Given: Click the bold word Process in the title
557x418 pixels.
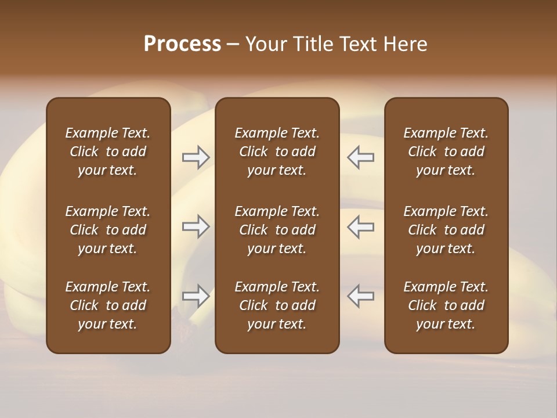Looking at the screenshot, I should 182,44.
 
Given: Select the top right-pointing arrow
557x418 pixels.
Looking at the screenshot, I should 196,157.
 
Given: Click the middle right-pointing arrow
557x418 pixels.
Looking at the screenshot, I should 196,226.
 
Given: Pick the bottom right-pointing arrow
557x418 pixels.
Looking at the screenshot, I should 196,296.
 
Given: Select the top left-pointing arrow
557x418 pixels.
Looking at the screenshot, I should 361,157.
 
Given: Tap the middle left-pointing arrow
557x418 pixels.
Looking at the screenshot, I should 361,226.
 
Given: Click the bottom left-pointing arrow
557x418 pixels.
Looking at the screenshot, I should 361,296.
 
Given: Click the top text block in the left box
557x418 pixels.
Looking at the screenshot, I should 108,152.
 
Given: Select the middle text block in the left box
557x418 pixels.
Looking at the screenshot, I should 108,230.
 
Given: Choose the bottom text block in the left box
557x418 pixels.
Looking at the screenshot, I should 108,305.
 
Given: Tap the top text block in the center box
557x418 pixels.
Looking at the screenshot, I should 277,152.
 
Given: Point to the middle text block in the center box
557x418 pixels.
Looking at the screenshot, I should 277,230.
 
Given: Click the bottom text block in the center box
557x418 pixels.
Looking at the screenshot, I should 277,305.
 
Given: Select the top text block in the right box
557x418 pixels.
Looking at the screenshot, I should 446,152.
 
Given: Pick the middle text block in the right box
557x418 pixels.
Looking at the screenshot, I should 446,230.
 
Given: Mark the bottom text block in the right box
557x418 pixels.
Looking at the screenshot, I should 446,305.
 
